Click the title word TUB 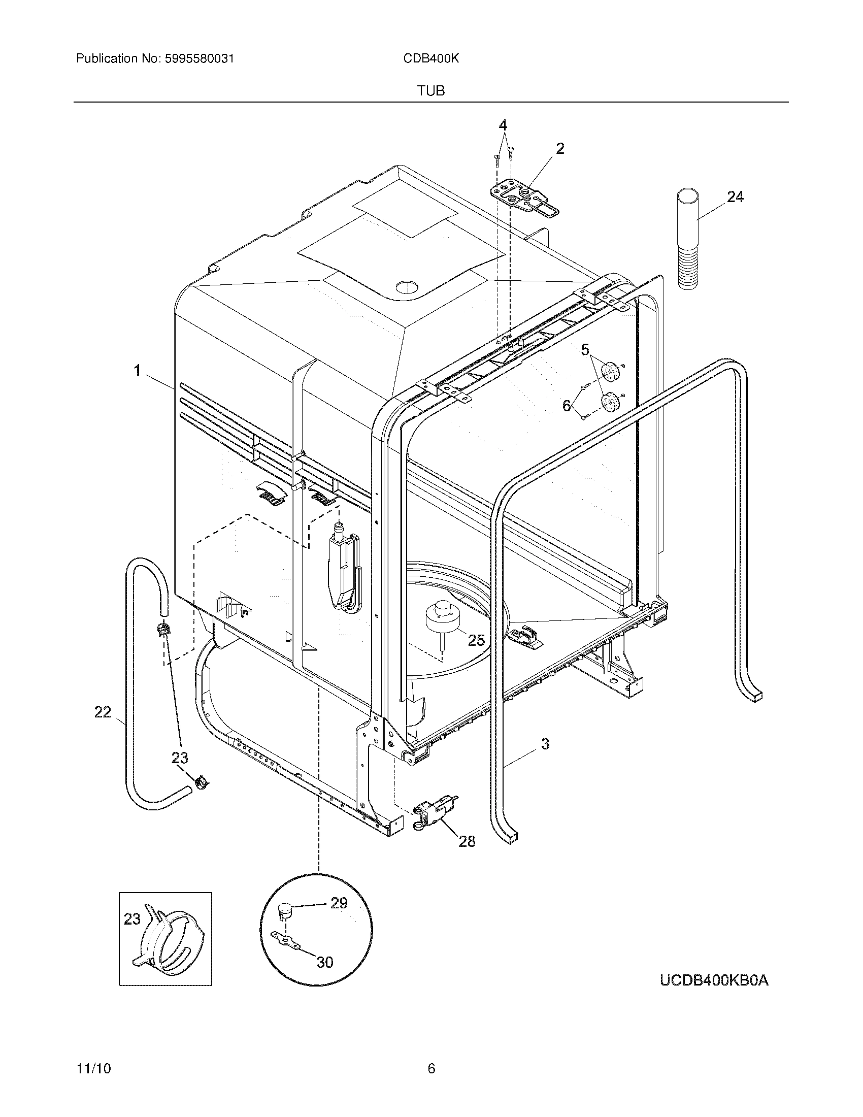coord(430,91)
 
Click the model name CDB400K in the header coord(430,59)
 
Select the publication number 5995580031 coord(200,59)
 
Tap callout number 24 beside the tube coord(735,197)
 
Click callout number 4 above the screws coord(503,125)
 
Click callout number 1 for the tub coord(137,370)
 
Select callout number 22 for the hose coord(103,712)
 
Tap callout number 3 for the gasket coord(545,744)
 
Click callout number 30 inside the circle coord(325,962)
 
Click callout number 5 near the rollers coord(585,350)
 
